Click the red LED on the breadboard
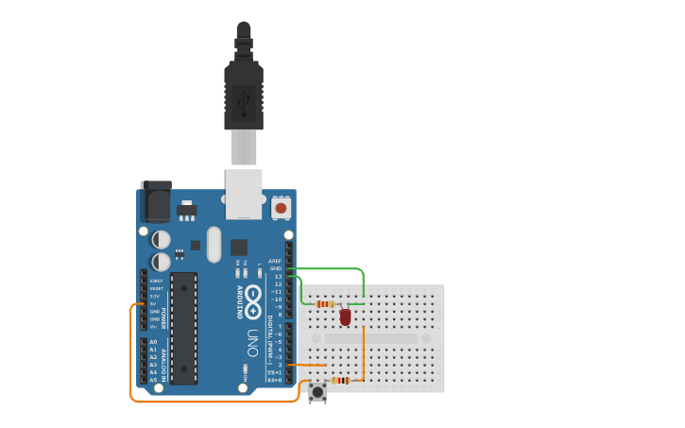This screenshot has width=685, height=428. tap(345, 317)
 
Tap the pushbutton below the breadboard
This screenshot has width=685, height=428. tap(317, 390)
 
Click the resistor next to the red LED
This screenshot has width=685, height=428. tap(326, 304)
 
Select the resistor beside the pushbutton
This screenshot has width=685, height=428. tap(341, 381)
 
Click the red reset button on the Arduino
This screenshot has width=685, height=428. tap(281, 206)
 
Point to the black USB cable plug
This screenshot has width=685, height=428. tap(243, 94)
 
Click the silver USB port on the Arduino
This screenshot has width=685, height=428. tap(243, 194)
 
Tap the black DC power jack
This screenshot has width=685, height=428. tap(155, 201)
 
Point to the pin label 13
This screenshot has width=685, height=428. tap(278, 276)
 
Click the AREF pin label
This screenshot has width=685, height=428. tap(275, 261)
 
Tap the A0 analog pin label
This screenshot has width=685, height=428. tap(153, 342)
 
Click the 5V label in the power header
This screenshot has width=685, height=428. tap(154, 303)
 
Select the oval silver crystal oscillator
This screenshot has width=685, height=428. tap(214, 244)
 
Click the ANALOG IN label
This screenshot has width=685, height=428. tap(163, 365)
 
